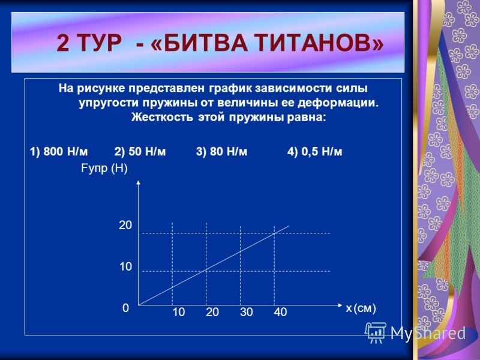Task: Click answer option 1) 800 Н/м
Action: pyautogui.click(x=59, y=152)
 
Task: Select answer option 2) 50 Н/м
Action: pyautogui.click(x=140, y=152)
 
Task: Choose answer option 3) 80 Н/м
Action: pyautogui.click(x=221, y=152)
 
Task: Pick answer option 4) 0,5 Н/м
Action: pyautogui.click(x=314, y=152)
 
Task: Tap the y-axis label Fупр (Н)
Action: pyautogui.click(x=104, y=169)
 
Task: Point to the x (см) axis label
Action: pyautogui.click(x=361, y=308)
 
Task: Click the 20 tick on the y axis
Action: pyautogui.click(x=125, y=226)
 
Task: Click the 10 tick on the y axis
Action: pyautogui.click(x=125, y=266)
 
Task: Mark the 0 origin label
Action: pyautogui.click(x=126, y=308)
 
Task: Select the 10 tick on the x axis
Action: pyautogui.click(x=178, y=312)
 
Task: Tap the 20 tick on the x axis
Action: pyautogui.click(x=212, y=312)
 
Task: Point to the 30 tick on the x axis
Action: pyautogui.click(x=247, y=312)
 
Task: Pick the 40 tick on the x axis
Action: pyautogui.click(x=280, y=312)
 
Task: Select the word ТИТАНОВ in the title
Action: pyautogui.click(x=319, y=43)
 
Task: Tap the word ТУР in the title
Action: pyautogui.click(x=100, y=43)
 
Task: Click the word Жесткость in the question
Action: pyautogui.click(x=162, y=118)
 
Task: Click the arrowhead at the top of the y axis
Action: pyautogui.click(x=139, y=182)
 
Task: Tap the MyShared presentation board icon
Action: pyautogui.click(x=376, y=332)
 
